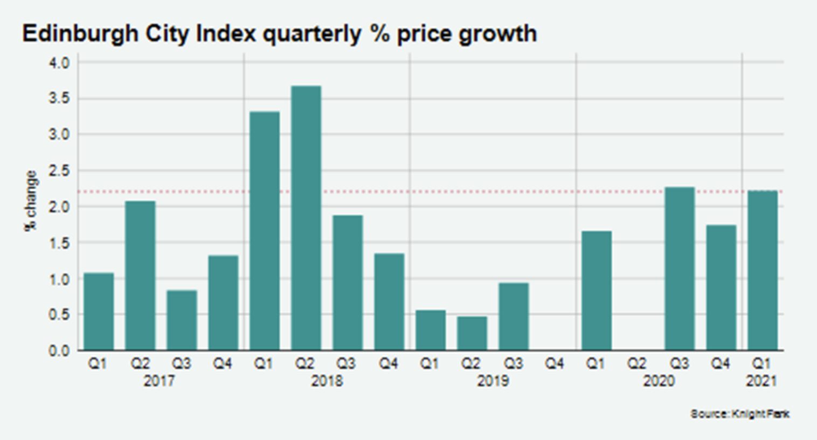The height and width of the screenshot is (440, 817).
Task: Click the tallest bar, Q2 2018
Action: [306, 218]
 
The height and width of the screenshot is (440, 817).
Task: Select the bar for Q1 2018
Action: [265, 231]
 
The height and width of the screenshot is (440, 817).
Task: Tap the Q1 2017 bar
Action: [99, 311]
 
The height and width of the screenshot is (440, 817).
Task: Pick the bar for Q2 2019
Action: [472, 333]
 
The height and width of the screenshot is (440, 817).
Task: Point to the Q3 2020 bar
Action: [680, 269]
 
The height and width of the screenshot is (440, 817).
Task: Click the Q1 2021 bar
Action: [762, 270]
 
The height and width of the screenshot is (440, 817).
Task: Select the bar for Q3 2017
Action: [182, 320]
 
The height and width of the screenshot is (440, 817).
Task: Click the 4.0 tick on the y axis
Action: [59, 63]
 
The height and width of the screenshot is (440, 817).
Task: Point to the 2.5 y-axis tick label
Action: [59, 171]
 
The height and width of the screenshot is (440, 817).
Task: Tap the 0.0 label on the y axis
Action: [59, 351]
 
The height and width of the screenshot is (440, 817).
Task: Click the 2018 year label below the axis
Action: [327, 381]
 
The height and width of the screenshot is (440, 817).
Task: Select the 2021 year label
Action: [761, 381]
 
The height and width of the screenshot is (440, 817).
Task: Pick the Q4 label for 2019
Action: [554, 364]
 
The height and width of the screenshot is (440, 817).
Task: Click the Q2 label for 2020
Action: [637, 364]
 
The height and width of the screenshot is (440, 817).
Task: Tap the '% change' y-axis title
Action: [31, 201]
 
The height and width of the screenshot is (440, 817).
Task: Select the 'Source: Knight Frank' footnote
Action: [739, 414]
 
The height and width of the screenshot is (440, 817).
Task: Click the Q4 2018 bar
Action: [389, 302]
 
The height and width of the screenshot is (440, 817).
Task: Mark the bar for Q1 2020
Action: [597, 291]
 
